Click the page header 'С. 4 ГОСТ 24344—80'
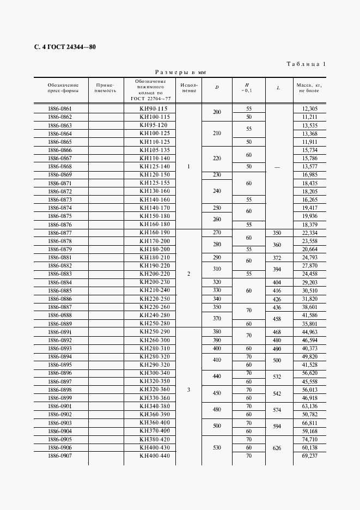click(65, 47)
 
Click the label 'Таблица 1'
click(306, 64)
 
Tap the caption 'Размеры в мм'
click(180, 72)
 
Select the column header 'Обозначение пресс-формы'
click(63, 88)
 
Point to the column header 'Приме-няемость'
click(105, 88)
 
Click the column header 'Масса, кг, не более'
click(309, 88)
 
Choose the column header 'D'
click(217, 87)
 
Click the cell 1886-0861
click(60, 109)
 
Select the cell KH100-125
click(155, 133)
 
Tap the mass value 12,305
click(309, 109)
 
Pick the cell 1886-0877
click(60, 232)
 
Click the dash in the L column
click(278, 167)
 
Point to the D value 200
click(217, 112)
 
